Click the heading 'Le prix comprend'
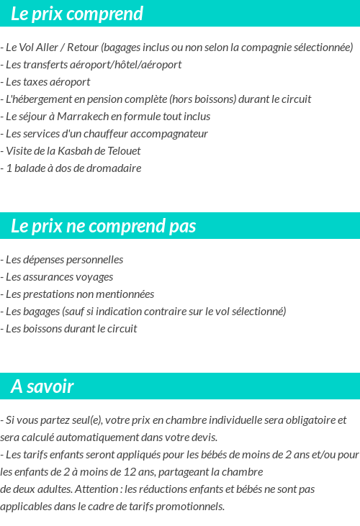click(x=77, y=14)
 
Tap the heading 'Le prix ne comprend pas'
click(x=103, y=226)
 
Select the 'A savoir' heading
click(x=42, y=386)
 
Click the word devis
click(x=202, y=437)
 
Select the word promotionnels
click(x=189, y=507)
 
